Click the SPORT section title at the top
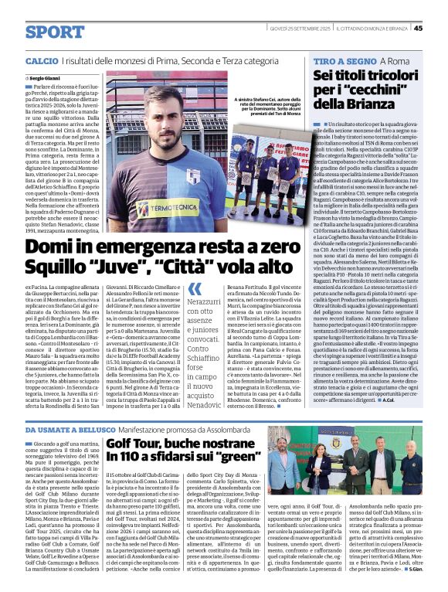(x=54, y=32)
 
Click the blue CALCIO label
(x=41, y=60)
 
